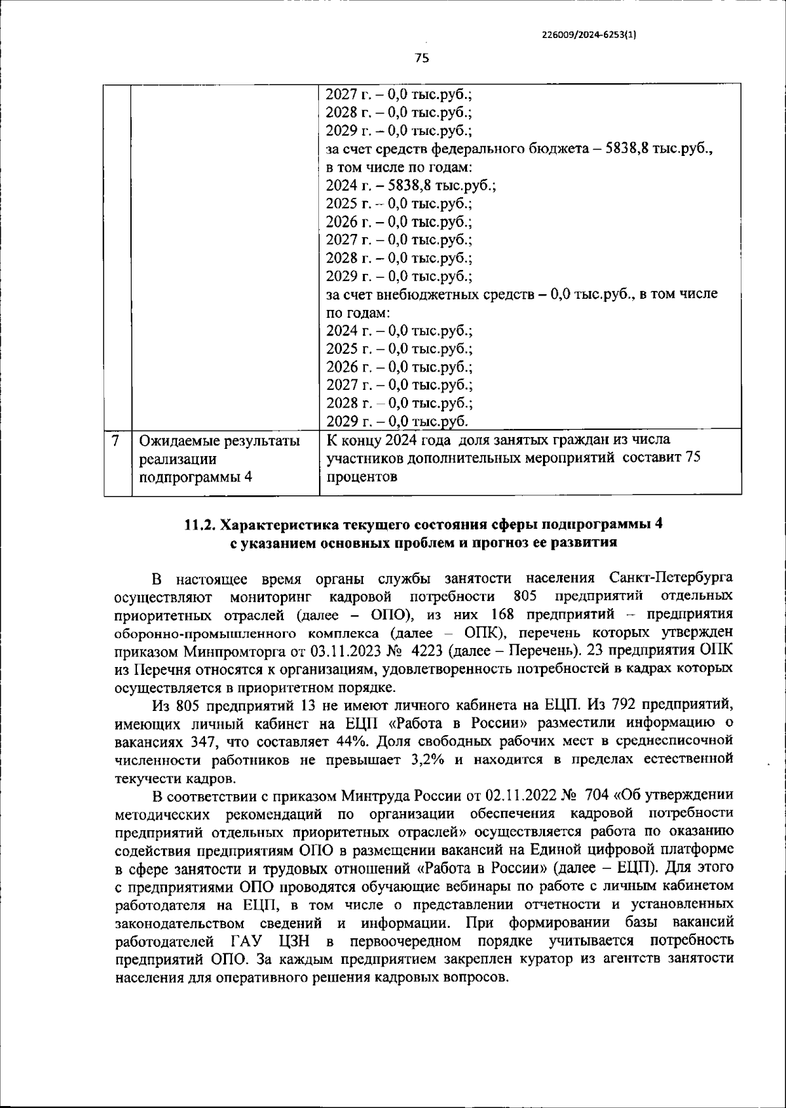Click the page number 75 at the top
422,58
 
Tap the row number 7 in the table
116,440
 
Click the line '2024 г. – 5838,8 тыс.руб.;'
411,185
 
